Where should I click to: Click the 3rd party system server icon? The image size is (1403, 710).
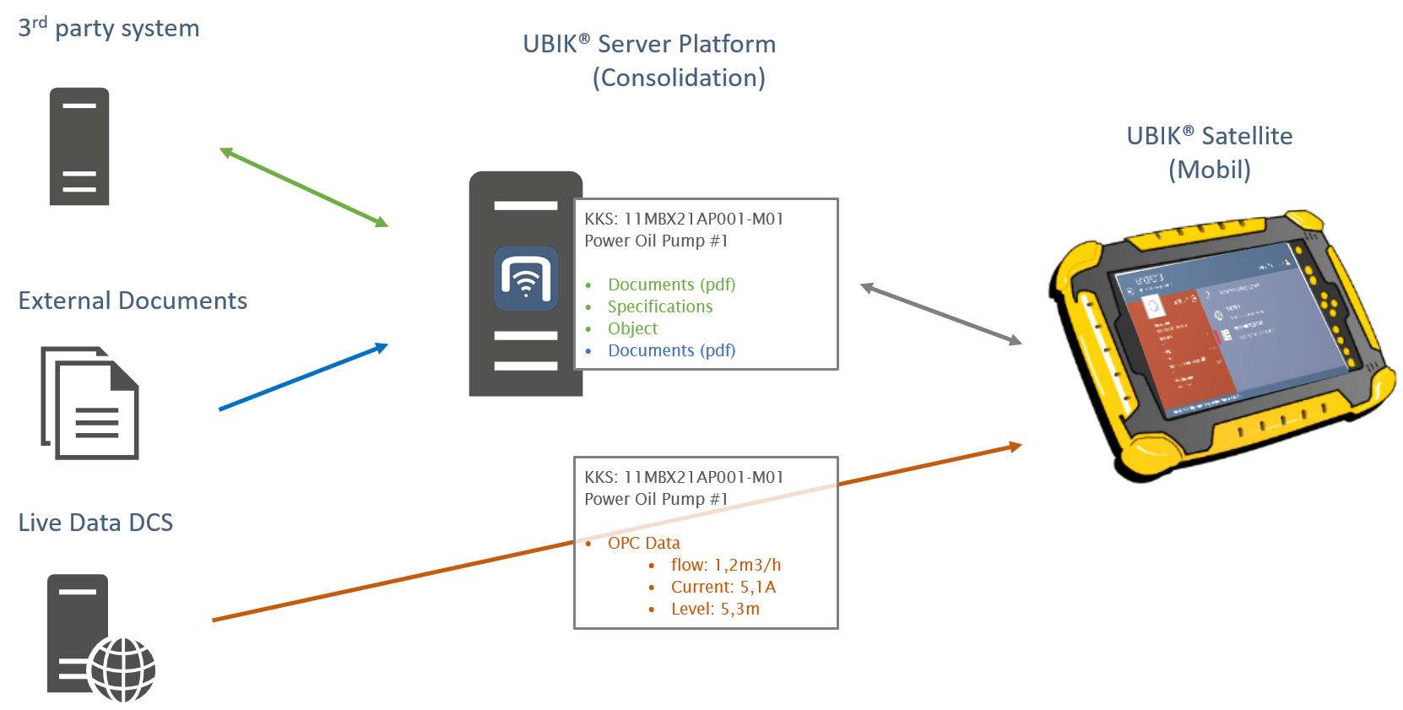[x=79, y=147]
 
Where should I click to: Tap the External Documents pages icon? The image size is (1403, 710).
[x=90, y=404]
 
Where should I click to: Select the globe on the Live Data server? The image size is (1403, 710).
[x=124, y=669]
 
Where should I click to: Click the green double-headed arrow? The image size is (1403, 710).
[x=304, y=187]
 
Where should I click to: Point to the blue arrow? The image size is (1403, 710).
[x=304, y=377]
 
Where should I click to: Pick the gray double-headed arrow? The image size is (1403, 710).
[x=941, y=314]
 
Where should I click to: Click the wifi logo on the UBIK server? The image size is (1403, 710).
[x=526, y=279]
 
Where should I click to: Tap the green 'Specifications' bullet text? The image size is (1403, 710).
[x=659, y=306]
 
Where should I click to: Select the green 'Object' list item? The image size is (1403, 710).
[x=632, y=328]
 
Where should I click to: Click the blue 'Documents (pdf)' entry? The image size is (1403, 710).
[x=671, y=350]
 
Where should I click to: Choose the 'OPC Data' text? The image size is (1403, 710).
[x=643, y=543]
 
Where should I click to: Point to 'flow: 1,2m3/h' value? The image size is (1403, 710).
[x=725, y=565]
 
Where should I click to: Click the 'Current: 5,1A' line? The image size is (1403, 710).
[x=723, y=587]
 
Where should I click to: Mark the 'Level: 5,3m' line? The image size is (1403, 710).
[x=715, y=609]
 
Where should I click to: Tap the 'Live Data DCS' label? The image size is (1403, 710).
[x=95, y=523]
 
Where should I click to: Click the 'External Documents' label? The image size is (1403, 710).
[x=133, y=301]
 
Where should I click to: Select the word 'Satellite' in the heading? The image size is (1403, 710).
[x=1247, y=136]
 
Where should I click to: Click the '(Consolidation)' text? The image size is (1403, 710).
[x=679, y=78]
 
